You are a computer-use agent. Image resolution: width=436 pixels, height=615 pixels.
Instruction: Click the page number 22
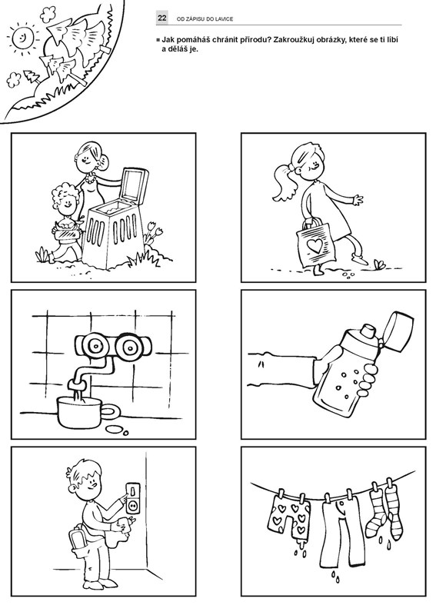(x=162, y=18)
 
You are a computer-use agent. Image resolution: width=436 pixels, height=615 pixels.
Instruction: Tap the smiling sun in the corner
(x=22, y=37)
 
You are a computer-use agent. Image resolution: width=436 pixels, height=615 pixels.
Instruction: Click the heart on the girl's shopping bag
(x=315, y=245)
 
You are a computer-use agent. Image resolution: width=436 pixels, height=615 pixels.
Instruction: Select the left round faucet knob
(x=94, y=346)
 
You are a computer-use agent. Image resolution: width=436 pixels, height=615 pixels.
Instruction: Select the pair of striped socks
(x=384, y=510)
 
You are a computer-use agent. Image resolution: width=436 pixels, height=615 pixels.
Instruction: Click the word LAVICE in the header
(x=224, y=18)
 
